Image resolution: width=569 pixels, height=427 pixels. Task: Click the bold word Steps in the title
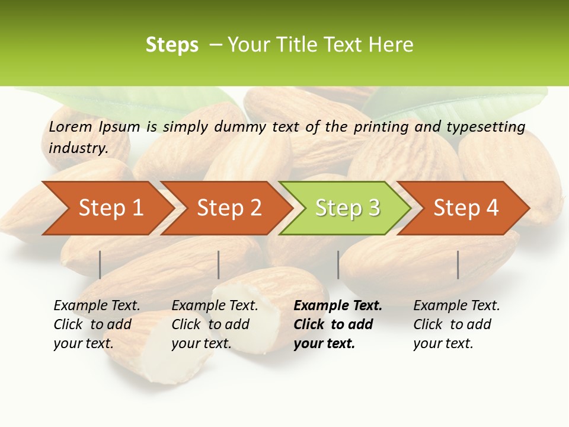coord(172,45)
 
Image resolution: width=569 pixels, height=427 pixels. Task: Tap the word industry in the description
coord(78,148)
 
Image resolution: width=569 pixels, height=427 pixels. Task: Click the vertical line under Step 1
coord(100,265)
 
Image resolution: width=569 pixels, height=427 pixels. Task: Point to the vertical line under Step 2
coord(219,265)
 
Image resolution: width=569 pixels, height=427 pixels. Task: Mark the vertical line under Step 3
coord(338,265)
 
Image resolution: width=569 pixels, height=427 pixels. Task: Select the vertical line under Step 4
coord(458,265)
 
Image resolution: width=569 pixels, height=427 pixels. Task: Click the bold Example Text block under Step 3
coord(337,324)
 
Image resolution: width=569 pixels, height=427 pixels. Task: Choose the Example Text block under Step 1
coord(96,324)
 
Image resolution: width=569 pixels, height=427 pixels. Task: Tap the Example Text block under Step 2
coord(214,324)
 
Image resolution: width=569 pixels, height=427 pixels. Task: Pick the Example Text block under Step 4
coord(456,324)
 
